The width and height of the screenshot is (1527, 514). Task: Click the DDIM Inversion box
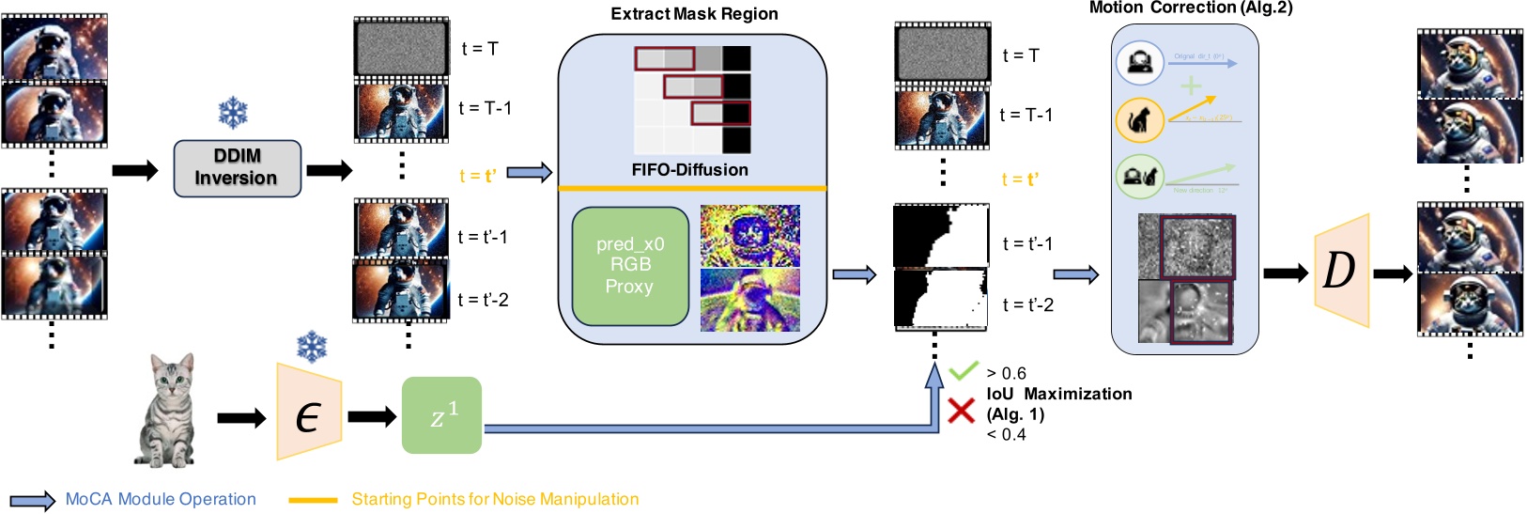tap(237, 168)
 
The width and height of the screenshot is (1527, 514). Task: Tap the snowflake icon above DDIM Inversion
tap(233, 114)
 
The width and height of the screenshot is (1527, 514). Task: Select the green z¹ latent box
tap(441, 415)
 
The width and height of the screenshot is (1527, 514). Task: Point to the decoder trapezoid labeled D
tap(1340, 271)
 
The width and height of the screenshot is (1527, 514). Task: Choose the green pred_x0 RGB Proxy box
tap(630, 266)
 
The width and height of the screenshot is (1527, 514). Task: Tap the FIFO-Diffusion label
tap(690, 170)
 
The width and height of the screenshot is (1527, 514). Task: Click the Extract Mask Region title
tap(694, 14)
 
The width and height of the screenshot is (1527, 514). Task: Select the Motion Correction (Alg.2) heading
tap(1190, 8)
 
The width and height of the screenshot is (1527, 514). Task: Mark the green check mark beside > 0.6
tap(964, 371)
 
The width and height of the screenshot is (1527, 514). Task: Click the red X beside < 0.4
tap(961, 411)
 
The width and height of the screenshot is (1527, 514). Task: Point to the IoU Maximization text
tap(1059, 394)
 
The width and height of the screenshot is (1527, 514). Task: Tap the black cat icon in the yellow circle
tap(1139, 120)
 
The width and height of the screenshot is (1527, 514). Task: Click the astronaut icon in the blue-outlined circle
tap(1139, 63)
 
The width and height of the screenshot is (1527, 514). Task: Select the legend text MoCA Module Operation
tap(161, 499)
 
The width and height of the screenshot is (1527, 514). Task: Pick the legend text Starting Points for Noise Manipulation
tap(495, 499)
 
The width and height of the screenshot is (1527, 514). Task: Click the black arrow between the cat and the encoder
tap(241, 418)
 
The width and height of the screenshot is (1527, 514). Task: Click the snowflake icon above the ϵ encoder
tap(311, 347)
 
